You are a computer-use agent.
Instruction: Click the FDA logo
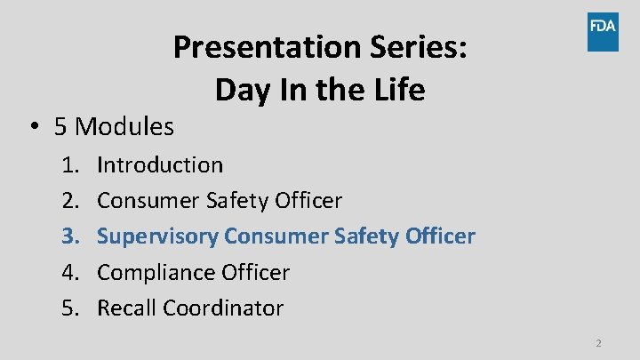tap(602, 32)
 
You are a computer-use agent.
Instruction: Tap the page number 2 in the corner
tap(598, 343)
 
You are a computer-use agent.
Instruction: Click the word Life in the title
tap(395, 90)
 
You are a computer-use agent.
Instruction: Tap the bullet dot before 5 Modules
tap(32, 127)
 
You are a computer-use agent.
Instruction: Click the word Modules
tap(124, 127)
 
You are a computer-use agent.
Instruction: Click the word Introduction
tap(160, 165)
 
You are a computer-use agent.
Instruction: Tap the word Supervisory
tap(157, 236)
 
